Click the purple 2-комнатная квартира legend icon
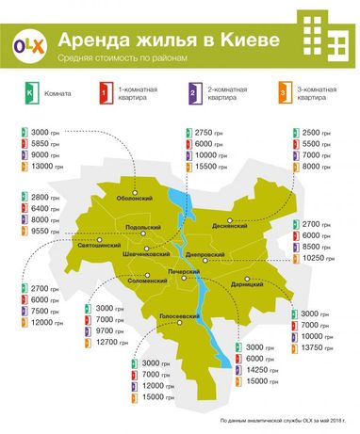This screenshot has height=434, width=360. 192,94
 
